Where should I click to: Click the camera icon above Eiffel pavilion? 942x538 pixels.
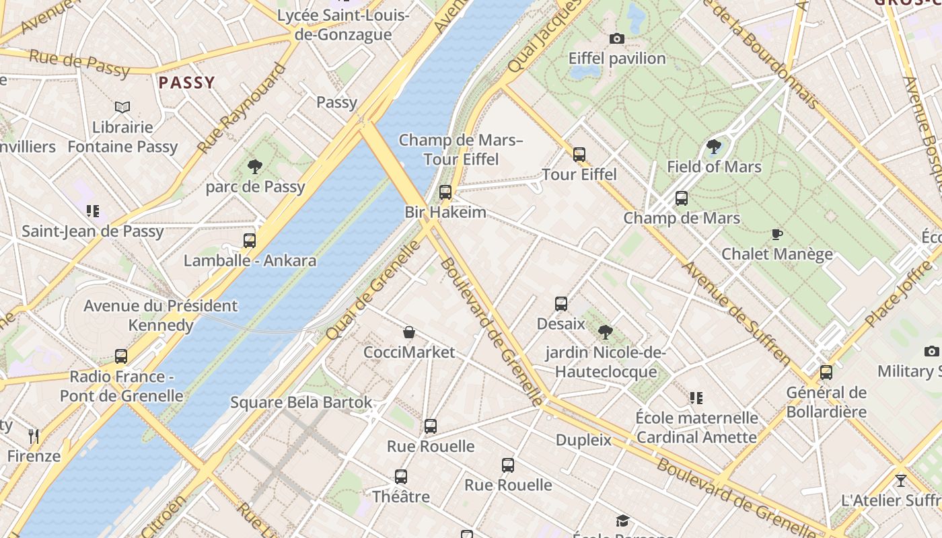pyautogui.click(x=616, y=39)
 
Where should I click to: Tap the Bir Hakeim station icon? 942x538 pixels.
pyautogui.click(x=445, y=192)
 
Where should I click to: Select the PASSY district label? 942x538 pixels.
pyautogui.click(x=186, y=83)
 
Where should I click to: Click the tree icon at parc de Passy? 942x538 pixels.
pyautogui.click(x=255, y=166)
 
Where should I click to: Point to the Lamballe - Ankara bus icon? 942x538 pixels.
pyautogui.click(x=250, y=240)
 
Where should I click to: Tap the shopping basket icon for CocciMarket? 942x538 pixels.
pyautogui.click(x=408, y=332)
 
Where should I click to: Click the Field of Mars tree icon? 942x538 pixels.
pyautogui.click(x=714, y=147)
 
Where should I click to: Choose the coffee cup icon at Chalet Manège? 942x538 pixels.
pyautogui.click(x=776, y=234)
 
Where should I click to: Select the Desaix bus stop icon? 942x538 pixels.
pyautogui.click(x=561, y=303)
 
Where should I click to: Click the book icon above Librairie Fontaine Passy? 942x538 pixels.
pyautogui.click(x=122, y=107)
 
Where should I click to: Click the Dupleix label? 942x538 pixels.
pyautogui.click(x=583, y=440)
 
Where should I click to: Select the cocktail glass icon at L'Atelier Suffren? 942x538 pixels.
pyautogui.click(x=900, y=481)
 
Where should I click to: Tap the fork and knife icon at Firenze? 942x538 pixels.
pyautogui.click(x=34, y=436)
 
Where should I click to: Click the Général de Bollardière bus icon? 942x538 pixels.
pyautogui.click(x=826, y=372)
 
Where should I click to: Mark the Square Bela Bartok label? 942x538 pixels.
pyautogui.click(x=301, y=402)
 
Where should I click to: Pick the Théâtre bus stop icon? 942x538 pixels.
pyautogui.click(x=401, y=477)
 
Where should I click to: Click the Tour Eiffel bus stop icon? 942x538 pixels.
pyautogui.click(x=579, y=154)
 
